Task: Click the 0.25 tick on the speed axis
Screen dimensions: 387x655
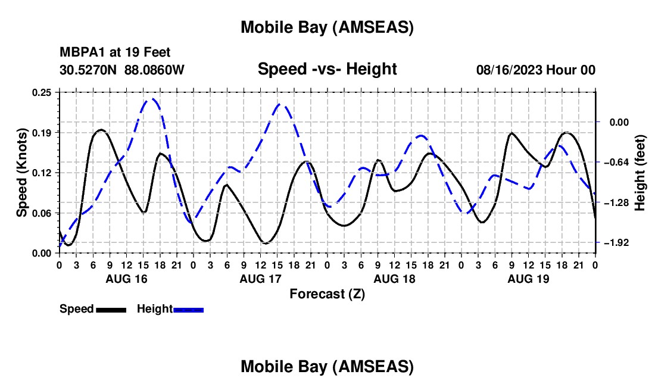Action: (x=43, y=92)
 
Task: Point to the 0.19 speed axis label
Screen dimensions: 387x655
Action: (x=43, y=132)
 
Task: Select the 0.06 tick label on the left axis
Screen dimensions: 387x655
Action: (x=43, y=213)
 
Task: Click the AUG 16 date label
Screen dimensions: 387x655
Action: (x=126, y=279)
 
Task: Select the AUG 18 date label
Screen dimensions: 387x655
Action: (x=394, y=279)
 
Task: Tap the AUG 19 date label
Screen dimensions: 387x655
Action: (x=528, y=279)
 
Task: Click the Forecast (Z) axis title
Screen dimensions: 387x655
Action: (x=327, y=294)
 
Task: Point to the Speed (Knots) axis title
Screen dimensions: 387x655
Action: (x=22, y=173)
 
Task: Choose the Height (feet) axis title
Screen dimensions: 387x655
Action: (x=641, y=173)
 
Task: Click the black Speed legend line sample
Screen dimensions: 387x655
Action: (x=111, y=309)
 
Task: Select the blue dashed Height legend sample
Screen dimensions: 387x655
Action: (x=188, y=309)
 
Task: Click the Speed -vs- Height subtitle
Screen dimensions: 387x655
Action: (x=327, y=69)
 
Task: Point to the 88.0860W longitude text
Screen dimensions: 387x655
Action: (x=154, y=70)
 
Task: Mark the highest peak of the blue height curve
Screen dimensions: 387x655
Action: (x=152, y=99)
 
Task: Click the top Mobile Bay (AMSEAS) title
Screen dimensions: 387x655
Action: (x=327, y=27)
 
